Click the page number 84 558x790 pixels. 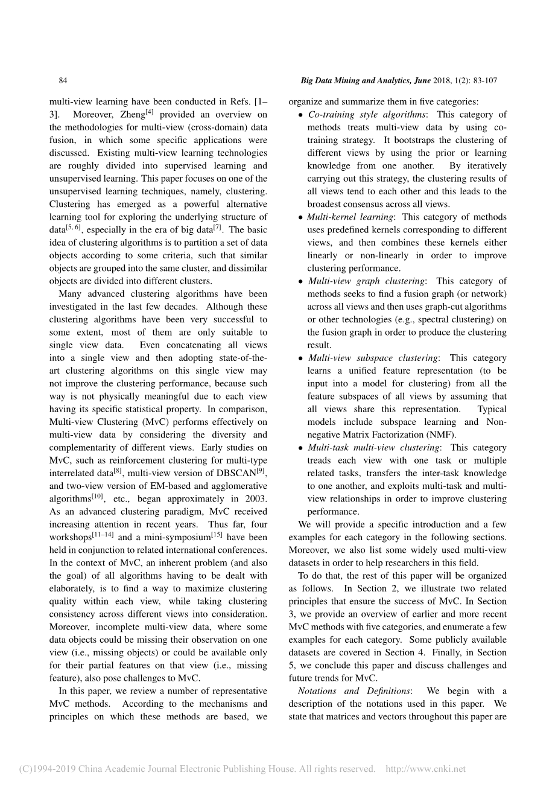click(x=62, y=81)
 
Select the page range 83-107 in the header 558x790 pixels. click(x=481, y=81)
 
